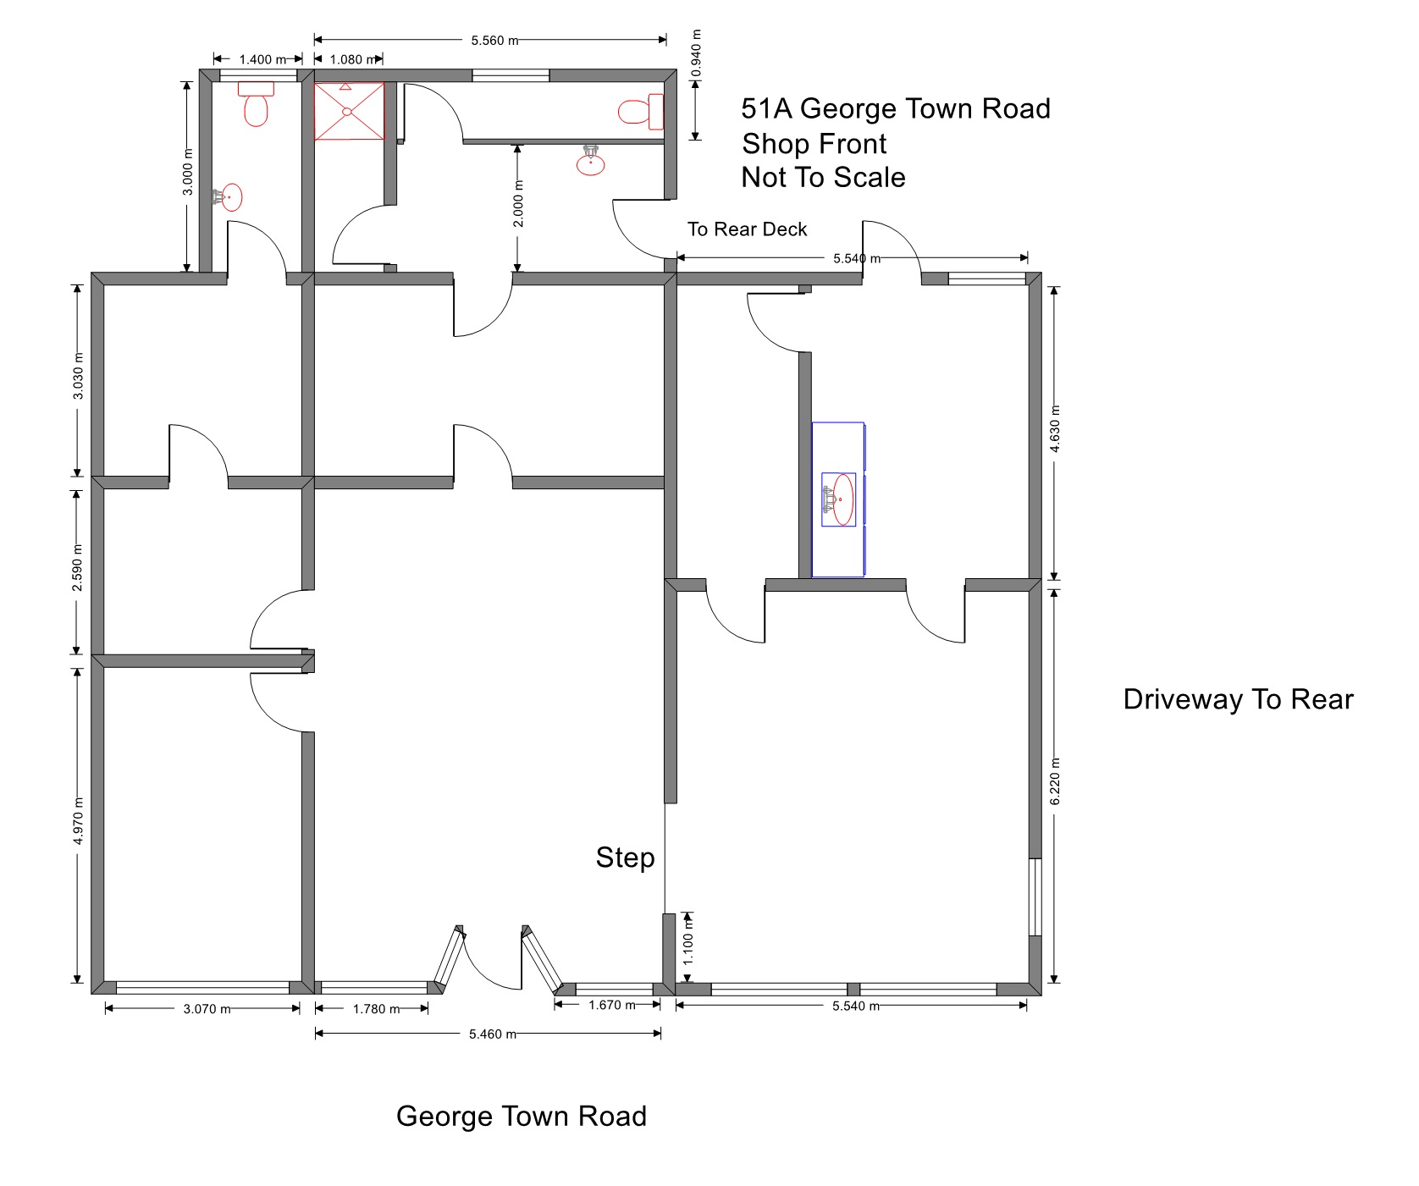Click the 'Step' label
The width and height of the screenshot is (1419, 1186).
(625, 858)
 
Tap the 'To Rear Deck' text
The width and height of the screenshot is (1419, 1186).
(747, 229)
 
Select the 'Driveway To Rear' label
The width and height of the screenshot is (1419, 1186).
(1238, 699)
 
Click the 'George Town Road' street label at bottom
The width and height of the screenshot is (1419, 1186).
(521, 1117)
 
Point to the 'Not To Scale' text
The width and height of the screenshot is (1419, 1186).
(823, 178)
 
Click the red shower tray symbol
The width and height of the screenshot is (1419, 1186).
(349, 111)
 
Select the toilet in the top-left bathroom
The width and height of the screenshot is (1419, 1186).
(256, 103)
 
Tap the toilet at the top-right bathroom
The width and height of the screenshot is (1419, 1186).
(641, 112)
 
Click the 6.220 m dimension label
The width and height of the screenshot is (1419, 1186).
(1055, 783)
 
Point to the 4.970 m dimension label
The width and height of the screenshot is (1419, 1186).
(78, 821)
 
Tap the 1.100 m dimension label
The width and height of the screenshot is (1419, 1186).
(688, 942)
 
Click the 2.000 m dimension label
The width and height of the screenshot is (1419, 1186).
(519, 204)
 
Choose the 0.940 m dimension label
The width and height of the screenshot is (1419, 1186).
(697, 54)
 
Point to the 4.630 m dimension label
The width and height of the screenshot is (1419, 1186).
(1055, 430)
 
